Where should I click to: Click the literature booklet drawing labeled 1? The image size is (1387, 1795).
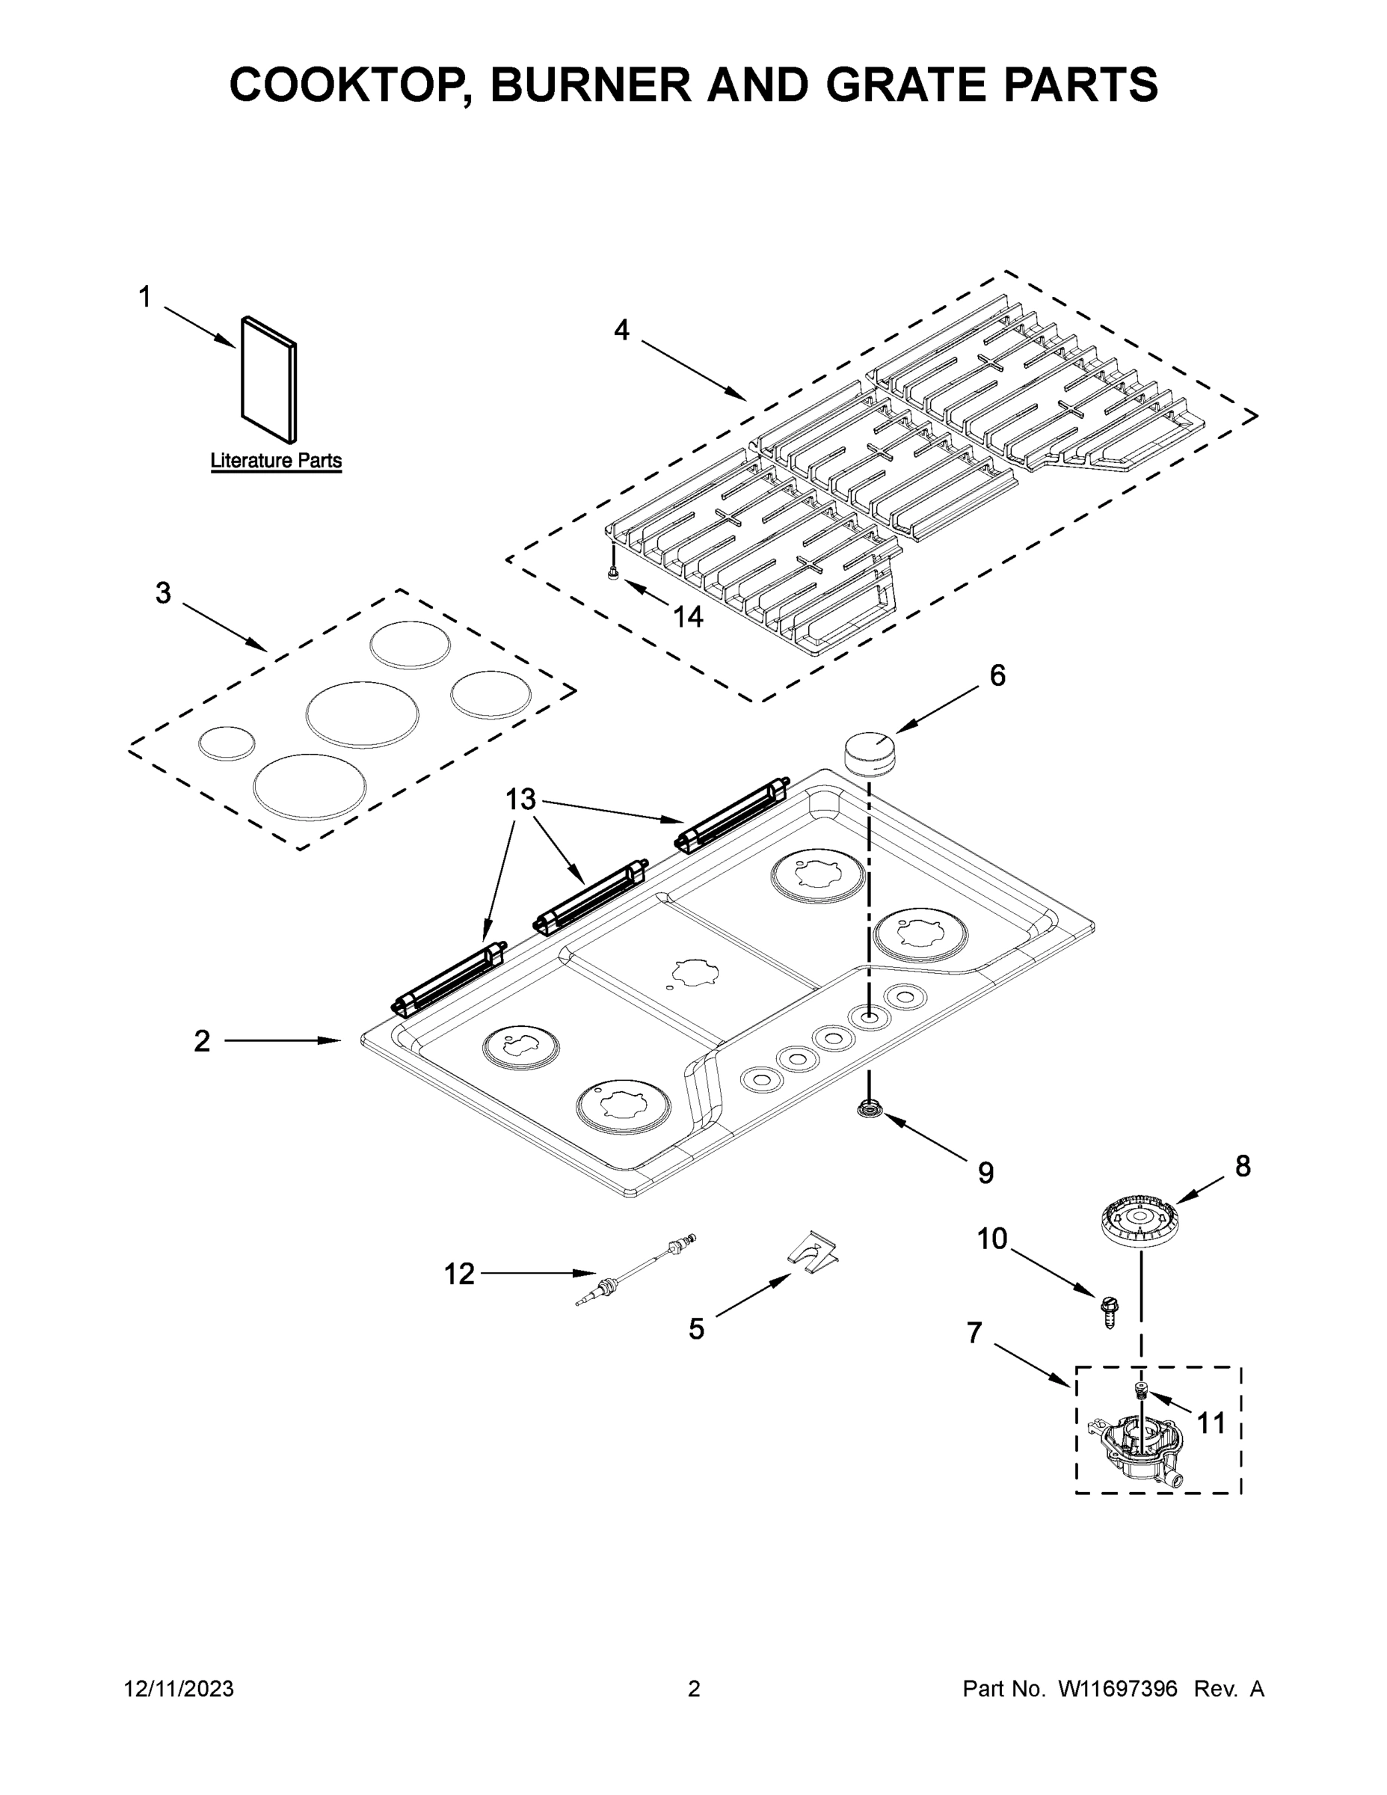click(x=268, y=380)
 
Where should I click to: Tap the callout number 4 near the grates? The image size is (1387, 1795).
click(x=621, y=331)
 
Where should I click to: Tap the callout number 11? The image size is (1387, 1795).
click(x=1211, y=1423)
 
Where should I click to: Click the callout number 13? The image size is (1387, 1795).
click(x=520, y=799)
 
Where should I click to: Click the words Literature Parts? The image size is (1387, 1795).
click(x=276, y=461)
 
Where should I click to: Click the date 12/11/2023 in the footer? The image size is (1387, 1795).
click(x=179, y=1689)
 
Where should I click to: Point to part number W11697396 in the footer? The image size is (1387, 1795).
click(x=1118, y=1689)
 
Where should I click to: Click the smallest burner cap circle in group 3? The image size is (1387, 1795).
click(x=226, y=743)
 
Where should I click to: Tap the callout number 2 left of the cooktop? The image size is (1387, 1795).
click(x=202, y=1041)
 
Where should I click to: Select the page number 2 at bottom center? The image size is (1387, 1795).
click(x=694, y=1689)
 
